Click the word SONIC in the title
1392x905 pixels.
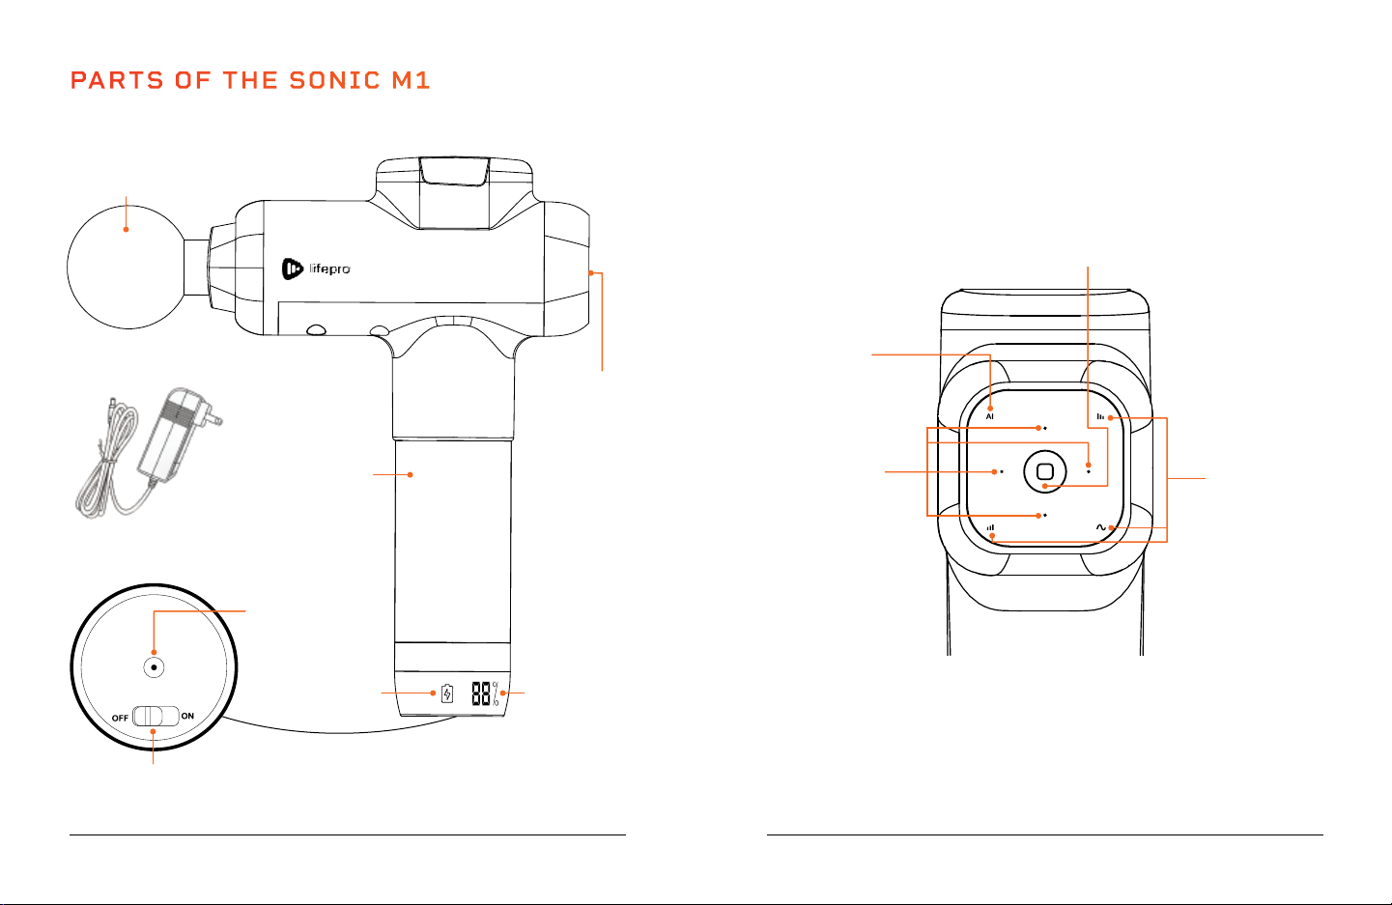pyautogui.click(x=334, y=81)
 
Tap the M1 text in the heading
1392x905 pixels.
pyautogui.click(x=411, y=81)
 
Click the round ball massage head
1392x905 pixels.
pyautogui.click(x=127, y=268)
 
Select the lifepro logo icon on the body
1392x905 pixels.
pyautogui.click(x=292, y=269)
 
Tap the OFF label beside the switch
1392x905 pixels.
pyautogui.click(x=120, y=718)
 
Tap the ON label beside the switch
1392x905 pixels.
pyautogui.click(x=187, y=716)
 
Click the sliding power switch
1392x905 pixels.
pyautogui.click(x=156, y=716)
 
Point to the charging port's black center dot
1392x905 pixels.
pyautogui.click(x=154, y=667)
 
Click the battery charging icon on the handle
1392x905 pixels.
pyautogui.click(x=447, y=693)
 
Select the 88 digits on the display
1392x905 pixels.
pyautogui.click(x=480, y=693)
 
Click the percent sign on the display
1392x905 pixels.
pyautogui.click(x=496, y=693)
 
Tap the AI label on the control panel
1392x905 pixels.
pyautogui.click(x=990, y=417)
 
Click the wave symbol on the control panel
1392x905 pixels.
pyautogui.click(x=1101, y=527)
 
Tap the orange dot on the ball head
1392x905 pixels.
pyautogui.click(x=127, y=230)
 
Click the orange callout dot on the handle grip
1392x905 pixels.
pyautogui.click(x=411, y=475)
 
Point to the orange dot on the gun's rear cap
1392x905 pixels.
pyautogui.click(x=591, y=272)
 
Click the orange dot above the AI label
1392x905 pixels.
pyautogui.click(x=990, y=409)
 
